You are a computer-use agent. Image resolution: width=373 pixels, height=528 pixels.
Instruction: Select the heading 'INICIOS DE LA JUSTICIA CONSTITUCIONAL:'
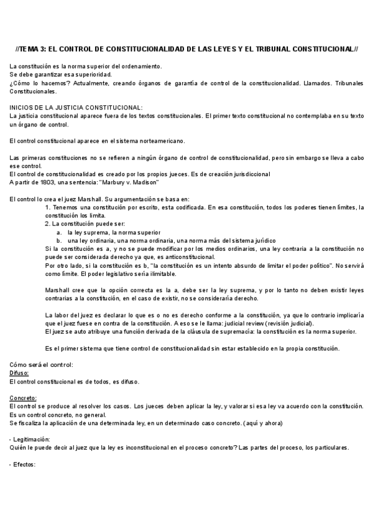tap(76, 107)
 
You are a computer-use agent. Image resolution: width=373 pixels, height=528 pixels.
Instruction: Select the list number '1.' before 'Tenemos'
tap(48, 207)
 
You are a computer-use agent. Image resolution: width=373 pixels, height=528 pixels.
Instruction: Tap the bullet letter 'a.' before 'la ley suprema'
tap(59, 232)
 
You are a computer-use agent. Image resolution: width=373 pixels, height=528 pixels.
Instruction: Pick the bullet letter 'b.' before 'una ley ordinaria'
tap(59, 240)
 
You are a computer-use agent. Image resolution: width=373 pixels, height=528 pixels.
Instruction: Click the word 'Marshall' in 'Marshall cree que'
tap(60, 290)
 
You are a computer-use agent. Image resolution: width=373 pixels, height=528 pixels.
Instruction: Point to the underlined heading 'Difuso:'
tap(19, 373)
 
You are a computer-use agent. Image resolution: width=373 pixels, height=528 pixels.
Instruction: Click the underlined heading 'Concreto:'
tap(23, 398)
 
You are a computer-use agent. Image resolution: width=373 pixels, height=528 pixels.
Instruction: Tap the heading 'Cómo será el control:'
tap(42, 364)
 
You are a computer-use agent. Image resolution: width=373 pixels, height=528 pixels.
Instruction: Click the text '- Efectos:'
tap(24, 464)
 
